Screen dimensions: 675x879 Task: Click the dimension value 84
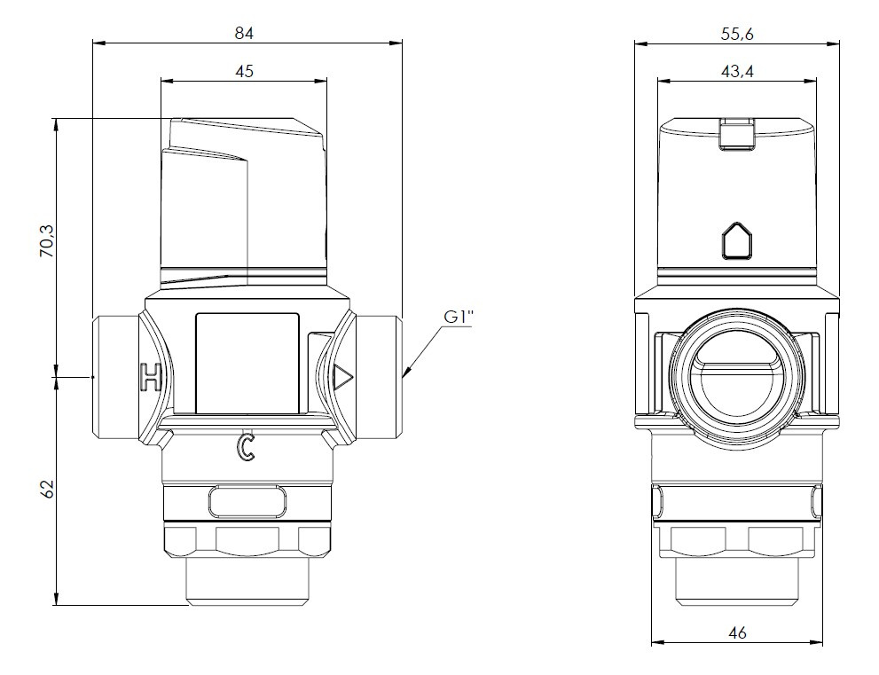(x=245, y=33)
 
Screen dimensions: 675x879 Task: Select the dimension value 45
(x=245, y=71)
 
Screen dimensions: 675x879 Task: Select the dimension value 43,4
(x=737, y=71)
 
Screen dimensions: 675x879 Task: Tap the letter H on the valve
(x=152, y=378)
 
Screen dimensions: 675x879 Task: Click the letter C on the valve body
(x=246, y=448)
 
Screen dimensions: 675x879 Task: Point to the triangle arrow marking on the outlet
(x=342, y=379)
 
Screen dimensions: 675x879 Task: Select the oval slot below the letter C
(x=247, y=502)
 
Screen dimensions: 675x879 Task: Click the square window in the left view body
(x=247, y=363)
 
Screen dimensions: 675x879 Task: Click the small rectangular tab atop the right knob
(x=735, y=133)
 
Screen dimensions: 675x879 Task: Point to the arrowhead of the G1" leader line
(x=405, y=375)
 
